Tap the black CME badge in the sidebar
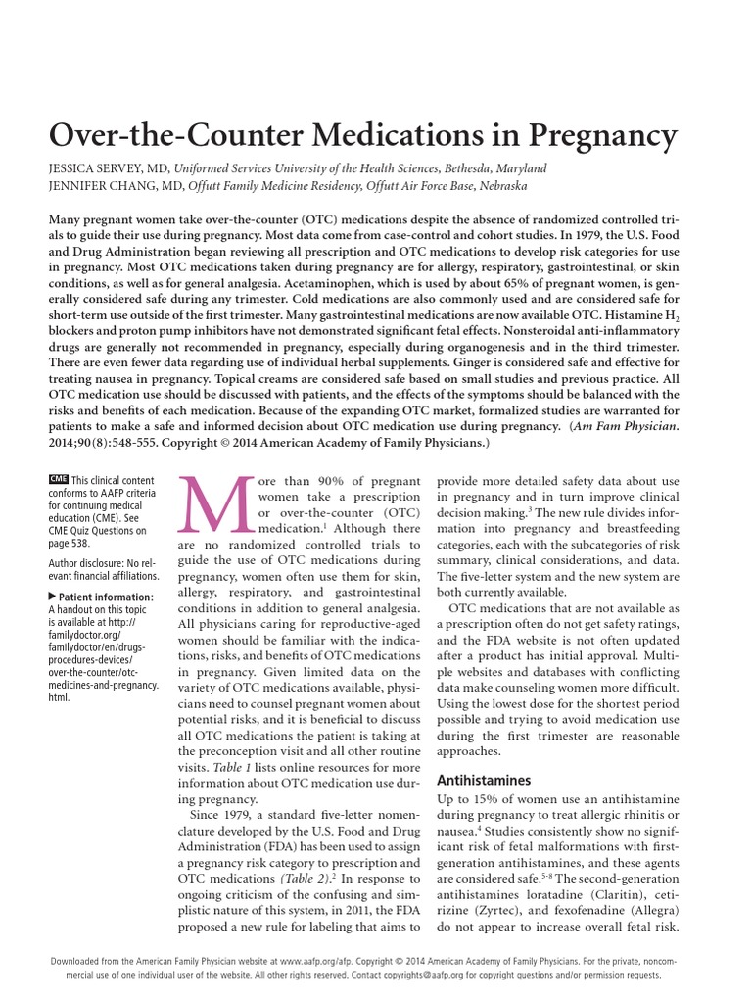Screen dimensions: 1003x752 [57, 478]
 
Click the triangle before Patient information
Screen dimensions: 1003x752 [52, 596]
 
